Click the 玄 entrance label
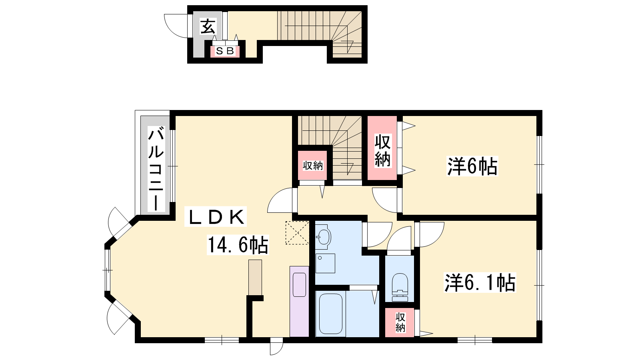pyautogui.click(x=208, y=26)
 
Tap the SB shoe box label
pyautogui.click(x=225, y=51)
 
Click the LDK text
pyautogui.click(x=216, y=216)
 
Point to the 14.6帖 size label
pyautogui.click(x=238, y=245)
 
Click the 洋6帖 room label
pyautogui.click(x=472, y=166)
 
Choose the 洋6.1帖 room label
pyautogui.click(x=480, y=282)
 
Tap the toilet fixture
pyautogui.click(x=400, y=287)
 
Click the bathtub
pyautogui.click(x=330, y=314)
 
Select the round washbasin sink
pyautogui.click(x=324, y=236)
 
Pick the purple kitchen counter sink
pyautogui.click(x=300, y=284)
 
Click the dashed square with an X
pyautogui.click(x=297, y=232)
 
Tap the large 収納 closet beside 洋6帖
pyautogui.click(x=382, y=148)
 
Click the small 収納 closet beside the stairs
pyautogui.click(x=312, y=165)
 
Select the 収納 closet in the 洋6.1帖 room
pyautogui.click(x=400, y=322)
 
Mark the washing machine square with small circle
pyautogui.click(x=325, y=263)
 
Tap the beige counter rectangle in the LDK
pyautogui.click(x=255, y=277)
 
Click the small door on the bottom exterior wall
pyautogui.click(x=276, y=346)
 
